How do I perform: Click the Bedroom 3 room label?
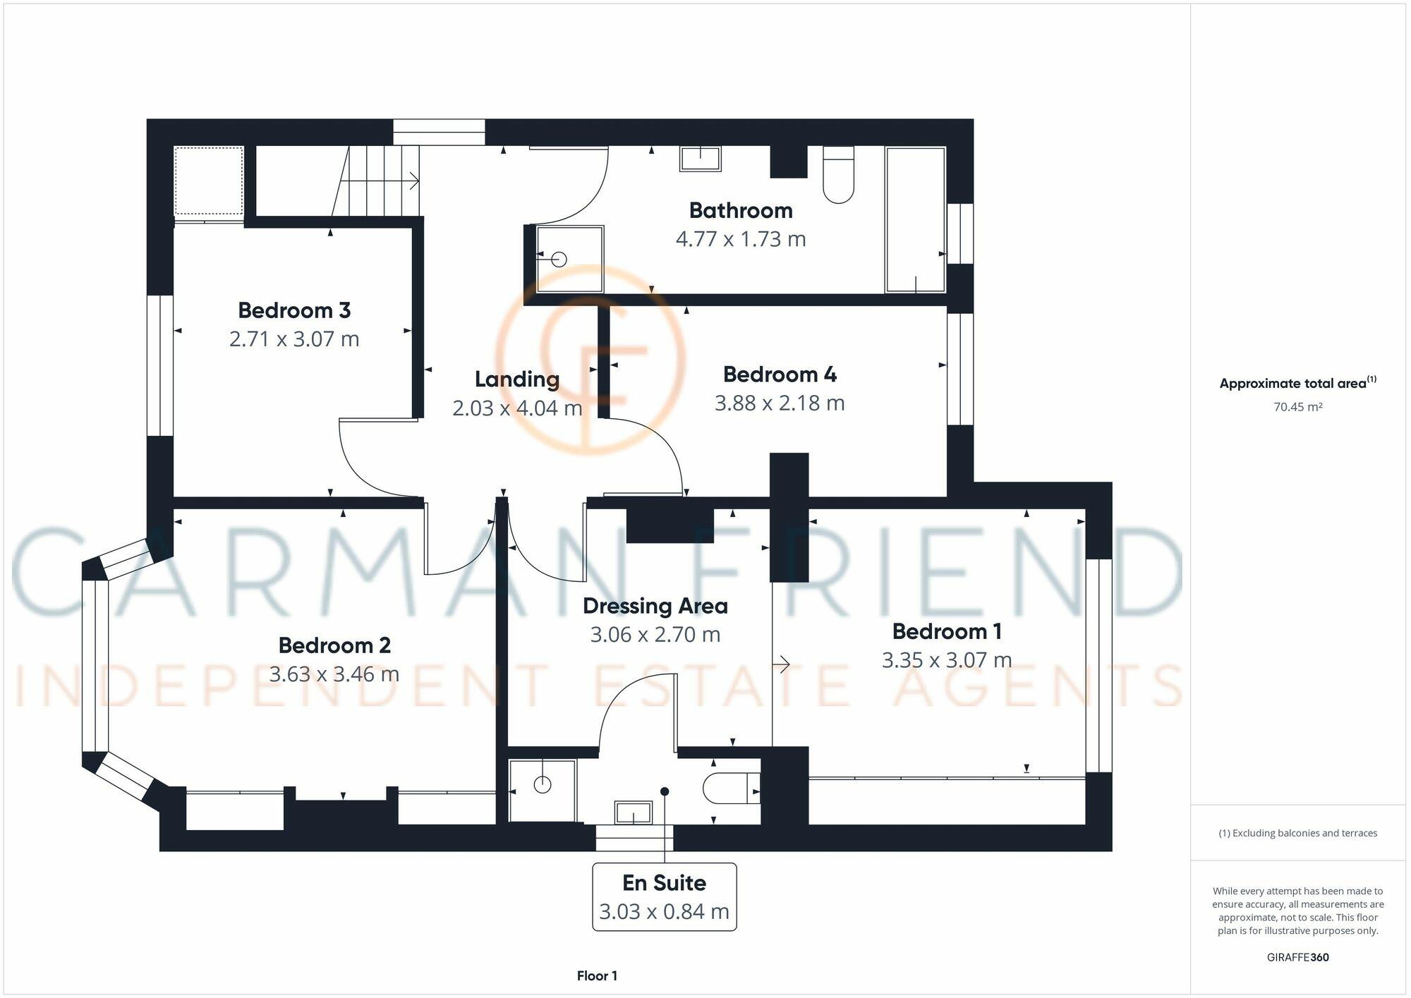click(x=294, y=310)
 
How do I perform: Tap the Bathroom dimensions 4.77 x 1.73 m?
click(x=741, y=239)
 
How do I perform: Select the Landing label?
click(x=517, y=379)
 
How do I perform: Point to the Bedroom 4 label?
click(x=780, y=375)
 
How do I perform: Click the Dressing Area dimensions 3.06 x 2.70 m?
click(x=655, y=635)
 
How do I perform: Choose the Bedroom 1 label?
click(x=947, y=631)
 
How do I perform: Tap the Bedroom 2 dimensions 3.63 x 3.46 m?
click(x=334, y=674)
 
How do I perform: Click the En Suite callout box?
click(x=665, y=897)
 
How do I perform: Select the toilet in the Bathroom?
click(x=839, y=174)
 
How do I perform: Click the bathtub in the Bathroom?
click(x=916, y=219)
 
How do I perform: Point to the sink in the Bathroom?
click(x=701, y=158)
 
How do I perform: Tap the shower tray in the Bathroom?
click(x=570, y=259)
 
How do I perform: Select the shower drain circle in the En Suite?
click(x=543, y=784)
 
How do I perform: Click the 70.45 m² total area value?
click(x=1298, y=407)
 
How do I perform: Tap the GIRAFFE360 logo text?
click(x=1298, y=957)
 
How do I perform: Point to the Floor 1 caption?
click(x=597, y=976)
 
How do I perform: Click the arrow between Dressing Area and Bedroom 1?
click(x=781, y=664)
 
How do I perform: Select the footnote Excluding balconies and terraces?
click(x=1298, y=833)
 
